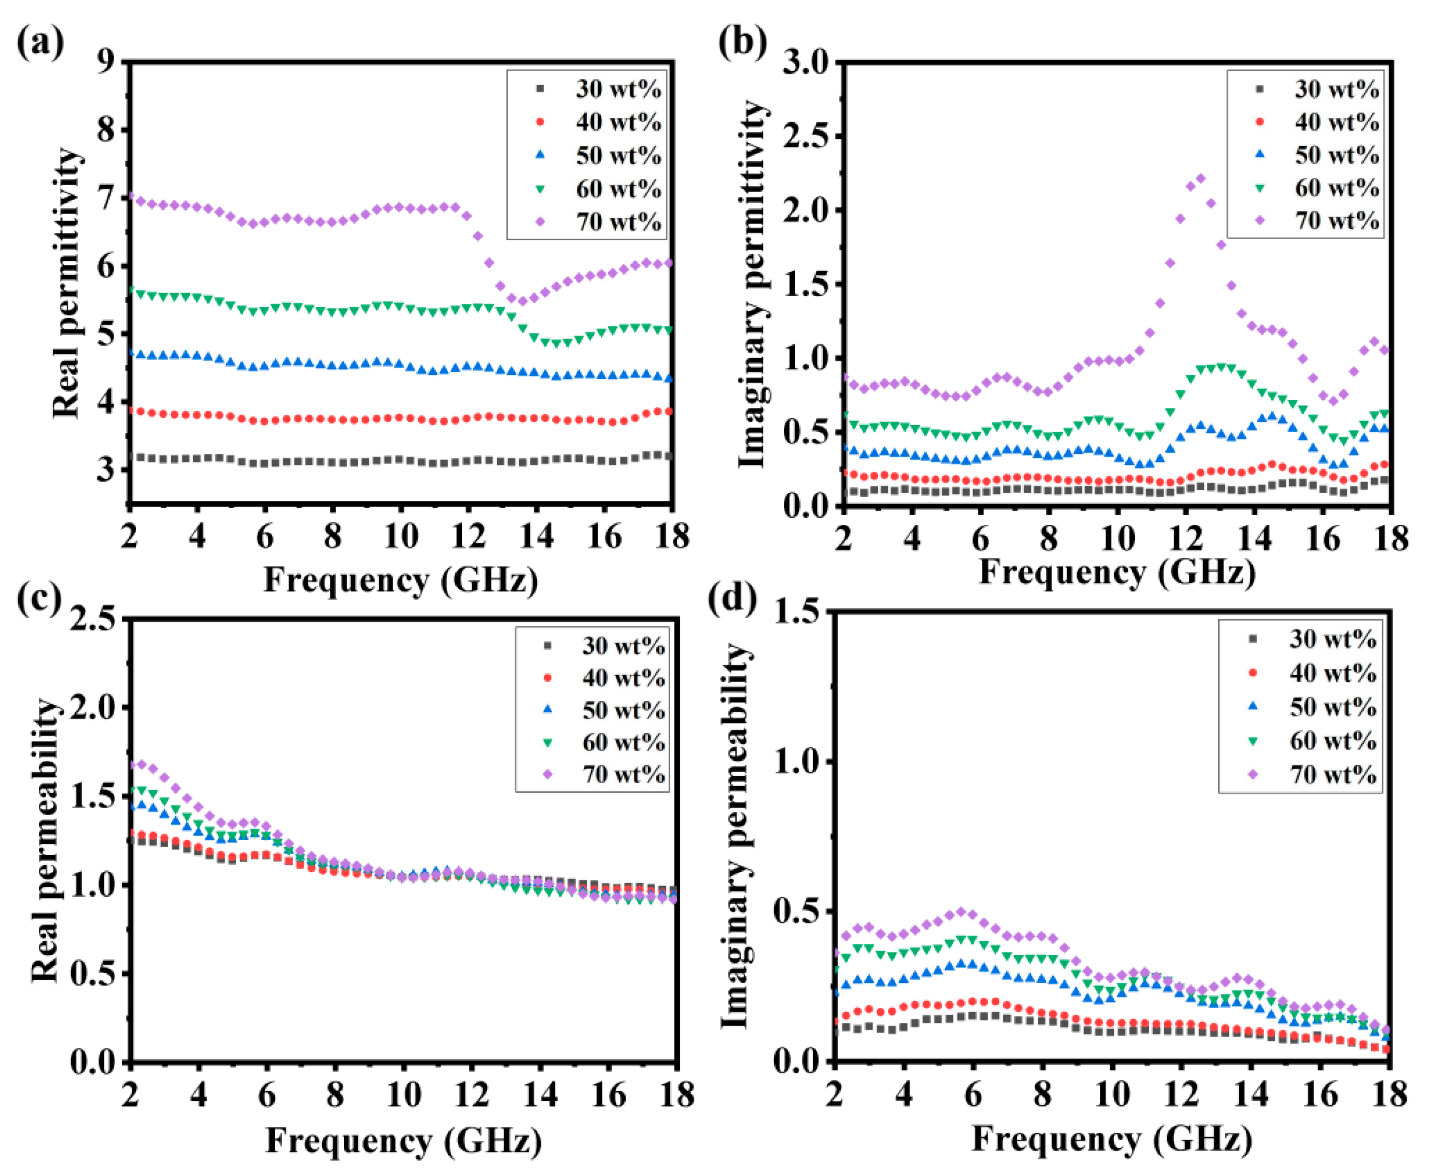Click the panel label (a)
click(40, 43)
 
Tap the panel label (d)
click(732, 598)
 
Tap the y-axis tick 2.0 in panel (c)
click(92, 707)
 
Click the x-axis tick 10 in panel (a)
click(401, 537)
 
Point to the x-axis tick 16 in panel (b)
click(1323, 539)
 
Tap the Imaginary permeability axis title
click(735, 836)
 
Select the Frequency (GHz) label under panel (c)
click(403, 1140)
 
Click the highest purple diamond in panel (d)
click(961, 912)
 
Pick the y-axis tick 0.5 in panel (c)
click(92, 973)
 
